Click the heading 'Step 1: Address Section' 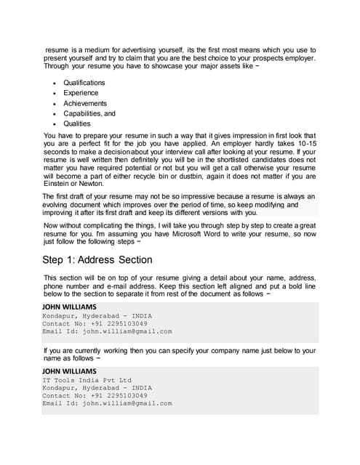tap(97, 259)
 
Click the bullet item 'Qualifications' tap(87, 83)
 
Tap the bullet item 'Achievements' tap(84, 103)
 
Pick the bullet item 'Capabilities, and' tap(89, 113)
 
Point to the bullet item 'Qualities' tap(77, 124)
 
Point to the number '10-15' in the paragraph tap(303, 145)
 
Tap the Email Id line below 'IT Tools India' tap(107, 403)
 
